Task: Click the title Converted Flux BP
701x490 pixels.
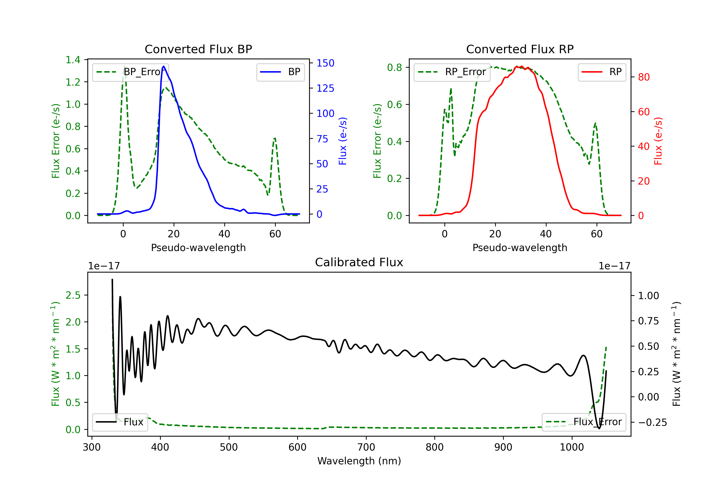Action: (198, 49)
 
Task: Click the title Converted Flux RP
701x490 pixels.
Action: (520, 49)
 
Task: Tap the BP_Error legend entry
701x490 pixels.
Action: (130, 72)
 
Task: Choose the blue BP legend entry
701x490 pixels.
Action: (280, 72)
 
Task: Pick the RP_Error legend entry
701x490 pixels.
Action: (452, 72)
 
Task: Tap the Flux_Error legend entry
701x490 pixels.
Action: (584, 422)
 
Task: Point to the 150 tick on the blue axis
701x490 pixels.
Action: (325, 63)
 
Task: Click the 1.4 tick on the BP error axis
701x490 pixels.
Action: (73, 60)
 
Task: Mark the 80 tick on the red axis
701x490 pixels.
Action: (644, 77)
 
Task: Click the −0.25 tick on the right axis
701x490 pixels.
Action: (652, 422)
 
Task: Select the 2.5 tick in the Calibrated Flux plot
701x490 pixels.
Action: (73, 295)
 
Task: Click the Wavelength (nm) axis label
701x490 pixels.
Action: (359, 461)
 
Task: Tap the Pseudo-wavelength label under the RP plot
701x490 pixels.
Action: (520, 248)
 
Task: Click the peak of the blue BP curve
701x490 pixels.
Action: (164, 66)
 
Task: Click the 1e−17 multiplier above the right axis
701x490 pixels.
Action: (614, 266)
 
